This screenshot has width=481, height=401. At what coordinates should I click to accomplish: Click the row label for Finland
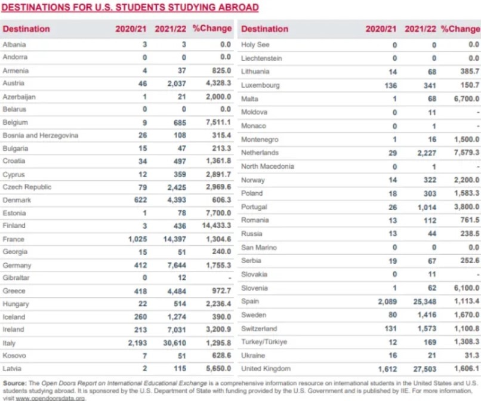tap(14, 226)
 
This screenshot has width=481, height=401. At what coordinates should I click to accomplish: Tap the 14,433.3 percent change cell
tap(214, 226)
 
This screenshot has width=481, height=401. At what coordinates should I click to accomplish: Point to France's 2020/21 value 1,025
tap(137, 239)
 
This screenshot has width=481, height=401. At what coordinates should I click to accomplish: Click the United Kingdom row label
tap(266, 369)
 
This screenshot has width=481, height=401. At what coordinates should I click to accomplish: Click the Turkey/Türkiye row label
tap(264, 342)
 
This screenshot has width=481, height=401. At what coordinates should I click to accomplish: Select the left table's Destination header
tap(26, 29)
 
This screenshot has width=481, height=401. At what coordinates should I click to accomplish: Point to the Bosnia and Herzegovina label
tap(41, 135)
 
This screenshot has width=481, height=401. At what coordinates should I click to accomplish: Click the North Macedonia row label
tap(267, 166)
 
